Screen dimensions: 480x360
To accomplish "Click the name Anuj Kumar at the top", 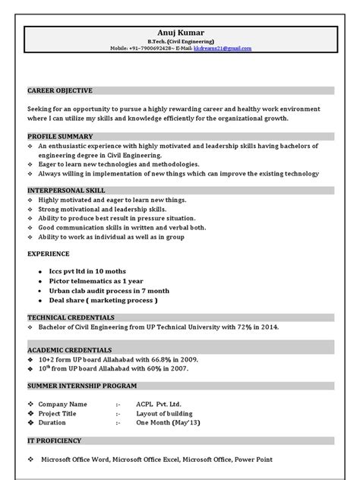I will tap(180, 33).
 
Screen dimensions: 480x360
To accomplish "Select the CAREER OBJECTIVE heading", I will tap(59, 90).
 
